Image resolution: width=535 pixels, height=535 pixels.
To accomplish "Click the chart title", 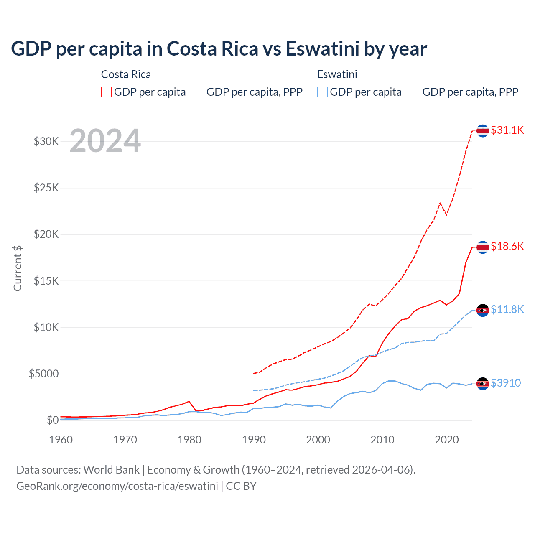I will coord(219,49).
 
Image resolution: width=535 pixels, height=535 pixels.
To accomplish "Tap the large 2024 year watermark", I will coord(105,141).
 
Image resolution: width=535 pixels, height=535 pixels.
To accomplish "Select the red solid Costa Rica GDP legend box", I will coord(107,92).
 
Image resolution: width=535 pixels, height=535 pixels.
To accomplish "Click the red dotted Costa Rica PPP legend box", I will coord(199,92).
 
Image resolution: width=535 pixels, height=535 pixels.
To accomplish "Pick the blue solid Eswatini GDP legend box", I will coord(322,92).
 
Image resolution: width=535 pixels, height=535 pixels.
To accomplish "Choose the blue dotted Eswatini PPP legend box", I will coord(415,92).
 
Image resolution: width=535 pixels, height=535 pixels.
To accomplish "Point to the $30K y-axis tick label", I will coord(46,141).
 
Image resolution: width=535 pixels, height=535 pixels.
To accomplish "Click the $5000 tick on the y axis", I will coord(44,374).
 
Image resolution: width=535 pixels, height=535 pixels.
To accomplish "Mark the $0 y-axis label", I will coord(52,420).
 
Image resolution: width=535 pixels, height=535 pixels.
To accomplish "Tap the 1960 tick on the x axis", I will coord(61,440).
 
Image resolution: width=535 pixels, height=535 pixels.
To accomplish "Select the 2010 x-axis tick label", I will coord(382,440).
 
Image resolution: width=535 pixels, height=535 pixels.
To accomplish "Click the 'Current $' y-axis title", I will coord(18,268).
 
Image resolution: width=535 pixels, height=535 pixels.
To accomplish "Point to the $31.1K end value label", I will coord(507,130).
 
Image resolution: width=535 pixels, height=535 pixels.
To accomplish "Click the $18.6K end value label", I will coord(507,246).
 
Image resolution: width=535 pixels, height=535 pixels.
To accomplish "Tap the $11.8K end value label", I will coord(507,309).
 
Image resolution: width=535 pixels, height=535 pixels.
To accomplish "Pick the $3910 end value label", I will coord(506,383).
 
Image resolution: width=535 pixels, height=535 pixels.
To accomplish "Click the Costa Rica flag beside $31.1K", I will coord(483,131).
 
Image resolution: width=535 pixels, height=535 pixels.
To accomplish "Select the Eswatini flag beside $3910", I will coord(483,384).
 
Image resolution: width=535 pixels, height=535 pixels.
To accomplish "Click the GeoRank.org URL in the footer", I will coord(117,486).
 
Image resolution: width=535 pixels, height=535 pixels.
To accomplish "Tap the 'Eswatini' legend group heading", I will coord(337,74).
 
